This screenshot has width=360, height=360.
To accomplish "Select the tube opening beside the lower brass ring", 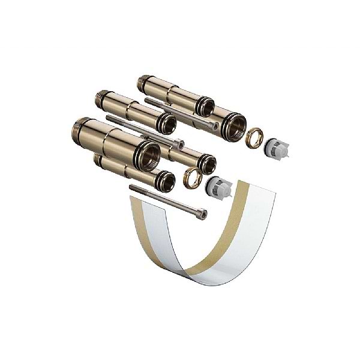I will tap(208, 163).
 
